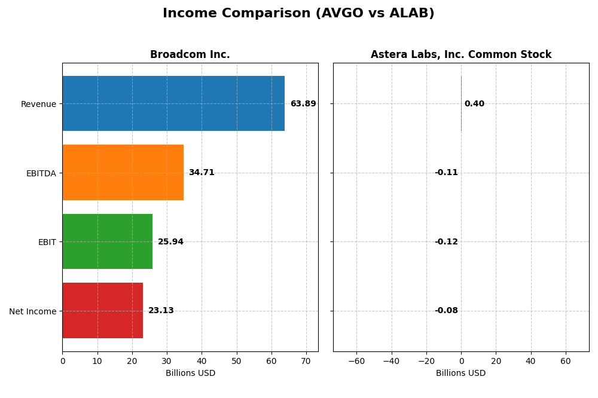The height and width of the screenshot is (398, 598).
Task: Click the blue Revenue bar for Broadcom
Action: (173, 103)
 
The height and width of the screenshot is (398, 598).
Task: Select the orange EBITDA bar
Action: (123, 173)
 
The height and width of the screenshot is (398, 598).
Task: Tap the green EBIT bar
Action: (107, 241)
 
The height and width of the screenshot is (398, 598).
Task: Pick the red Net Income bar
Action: (102, 311)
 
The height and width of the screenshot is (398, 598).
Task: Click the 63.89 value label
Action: (303, 104)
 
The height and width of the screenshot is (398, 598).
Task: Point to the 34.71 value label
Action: (202, 173)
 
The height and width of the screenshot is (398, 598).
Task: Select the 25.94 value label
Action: (170, 242)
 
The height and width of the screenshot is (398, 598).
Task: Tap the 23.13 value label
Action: (161, 311)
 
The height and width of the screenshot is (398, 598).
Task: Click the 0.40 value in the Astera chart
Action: (474, 104)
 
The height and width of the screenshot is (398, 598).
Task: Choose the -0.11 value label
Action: (446, 173)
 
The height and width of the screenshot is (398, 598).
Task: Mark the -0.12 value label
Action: (446, 242)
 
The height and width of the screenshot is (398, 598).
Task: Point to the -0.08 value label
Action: (446, 311)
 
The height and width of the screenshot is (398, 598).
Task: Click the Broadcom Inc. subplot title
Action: (190, 55)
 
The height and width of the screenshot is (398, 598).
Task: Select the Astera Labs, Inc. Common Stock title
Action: (461, 55)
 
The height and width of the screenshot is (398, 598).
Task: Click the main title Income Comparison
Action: (298, 14)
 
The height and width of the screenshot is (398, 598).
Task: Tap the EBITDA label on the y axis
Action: (41, 173)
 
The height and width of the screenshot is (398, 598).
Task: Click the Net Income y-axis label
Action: (33, 311)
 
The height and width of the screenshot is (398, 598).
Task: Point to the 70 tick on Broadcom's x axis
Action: (306, 362)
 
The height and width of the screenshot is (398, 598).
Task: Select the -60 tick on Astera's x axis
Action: (356, 362)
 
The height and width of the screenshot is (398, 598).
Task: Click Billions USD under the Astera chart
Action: (460, 373)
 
